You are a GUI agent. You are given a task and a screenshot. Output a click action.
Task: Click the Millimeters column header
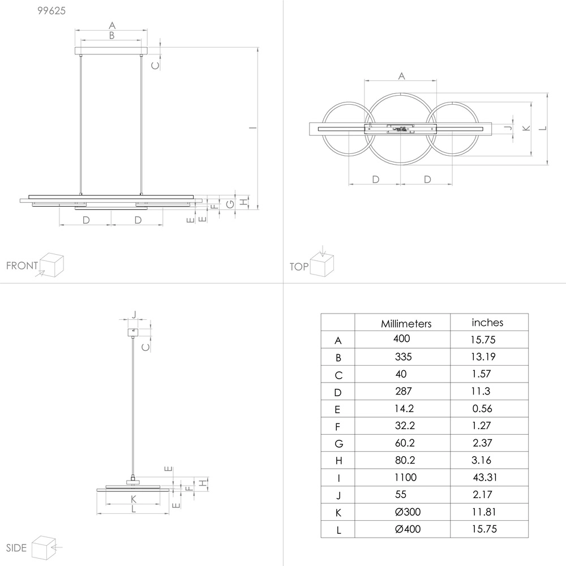click(x=406, y=324)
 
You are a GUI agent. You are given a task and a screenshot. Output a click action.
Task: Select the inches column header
click(x=487, y=323)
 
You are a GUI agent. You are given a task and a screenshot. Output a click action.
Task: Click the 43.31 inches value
click(x=486, y=478)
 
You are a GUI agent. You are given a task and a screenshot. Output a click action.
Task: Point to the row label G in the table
click(x=338, y=443)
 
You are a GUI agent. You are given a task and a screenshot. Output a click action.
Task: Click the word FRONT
click(x=22, y=265)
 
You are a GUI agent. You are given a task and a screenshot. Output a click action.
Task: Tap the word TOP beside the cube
click(x=299, y=267)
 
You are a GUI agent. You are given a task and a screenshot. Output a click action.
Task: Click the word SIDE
click(x=16, y=548)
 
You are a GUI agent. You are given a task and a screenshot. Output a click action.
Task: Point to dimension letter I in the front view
click(x=251, y=127)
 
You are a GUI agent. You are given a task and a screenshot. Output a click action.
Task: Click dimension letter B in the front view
click(x=112, y=36)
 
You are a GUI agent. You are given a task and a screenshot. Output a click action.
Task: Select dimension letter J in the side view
click(x=134, y=315)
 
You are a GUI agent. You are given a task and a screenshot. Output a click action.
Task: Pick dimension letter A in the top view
click(x=401, y=75)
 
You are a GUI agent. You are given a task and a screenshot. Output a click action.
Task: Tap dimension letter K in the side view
click(x=133, y=499)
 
